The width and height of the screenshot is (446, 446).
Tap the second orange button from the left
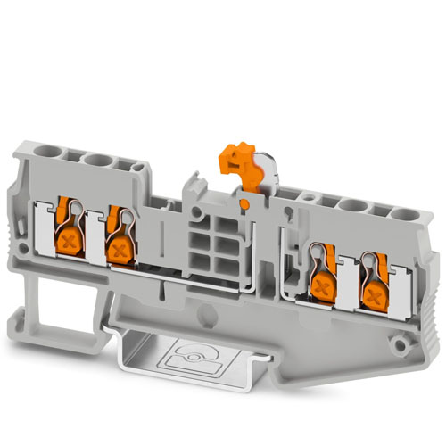click(118, 247)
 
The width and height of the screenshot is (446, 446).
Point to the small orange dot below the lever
click(242, 204)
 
